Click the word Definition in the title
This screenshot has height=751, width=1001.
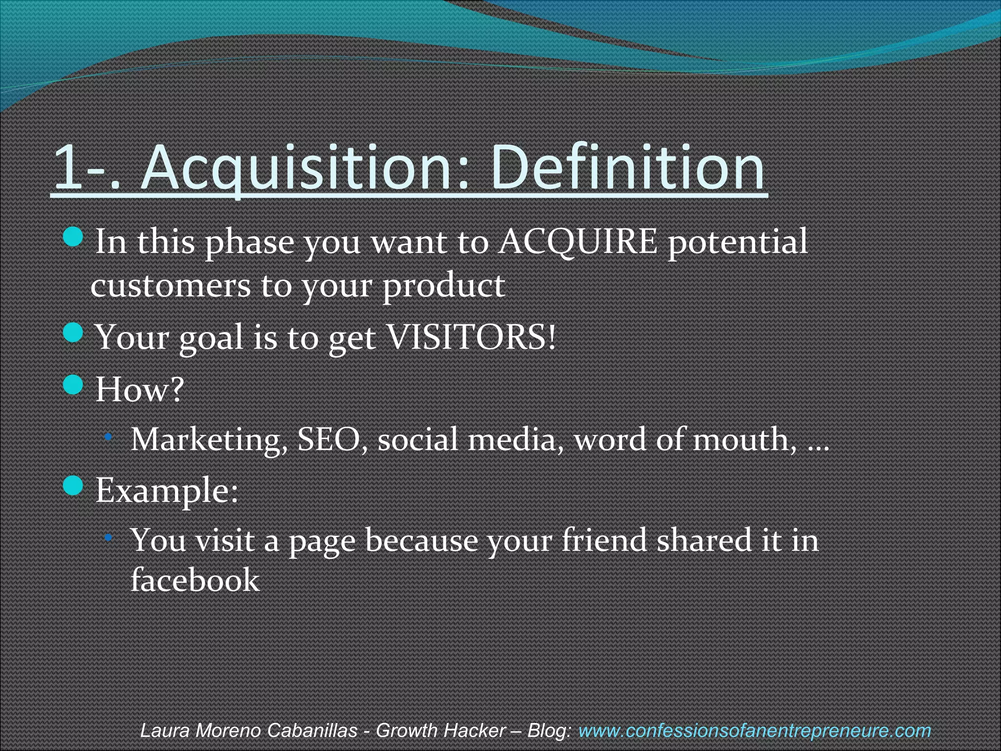[628, 167]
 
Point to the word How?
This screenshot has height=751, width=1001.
[140, 389]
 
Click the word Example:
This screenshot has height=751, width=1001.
[167, 490]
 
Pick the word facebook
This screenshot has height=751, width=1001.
[195, 580]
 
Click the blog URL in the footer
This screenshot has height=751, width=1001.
[754, 730]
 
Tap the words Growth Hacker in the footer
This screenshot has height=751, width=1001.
[440, 730]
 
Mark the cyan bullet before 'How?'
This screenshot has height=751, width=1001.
[73, 385]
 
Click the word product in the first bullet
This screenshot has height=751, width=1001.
[443, 287]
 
